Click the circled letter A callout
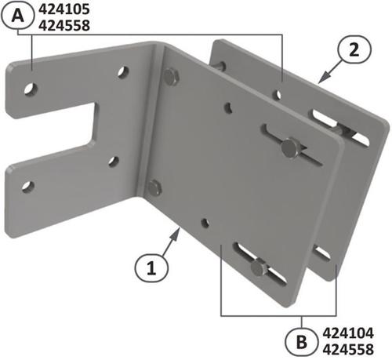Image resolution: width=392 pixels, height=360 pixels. (x=17, y=16)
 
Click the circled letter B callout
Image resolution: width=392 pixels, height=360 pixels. (x=302, y=342)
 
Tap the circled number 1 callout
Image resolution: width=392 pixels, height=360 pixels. (x=151, y=268)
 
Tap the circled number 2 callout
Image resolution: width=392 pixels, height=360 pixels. (x=354, y=49)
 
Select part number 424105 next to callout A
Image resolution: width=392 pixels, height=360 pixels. (x=64, y=9)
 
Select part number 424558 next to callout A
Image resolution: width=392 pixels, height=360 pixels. (x=64, y=26)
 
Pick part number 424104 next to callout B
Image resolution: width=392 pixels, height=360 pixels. (x=348, y=333)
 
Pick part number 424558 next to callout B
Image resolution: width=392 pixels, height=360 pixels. (x=348, y=350)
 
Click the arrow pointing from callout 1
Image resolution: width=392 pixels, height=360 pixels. (x=172, y=242)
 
